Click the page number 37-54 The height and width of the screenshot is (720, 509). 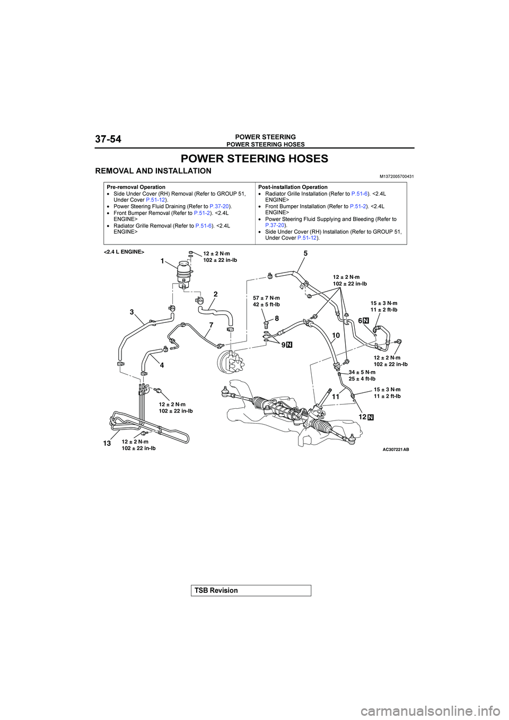[x=108, y=139]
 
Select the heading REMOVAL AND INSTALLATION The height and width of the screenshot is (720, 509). [x=153, y=171]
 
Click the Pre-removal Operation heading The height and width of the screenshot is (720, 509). [x=136, y=187]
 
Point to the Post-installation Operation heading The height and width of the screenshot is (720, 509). [x=293, y=187]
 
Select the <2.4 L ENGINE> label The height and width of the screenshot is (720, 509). [x=124, y=252]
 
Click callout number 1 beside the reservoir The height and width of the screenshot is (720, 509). [x=163, y=261]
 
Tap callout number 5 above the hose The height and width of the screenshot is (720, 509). [x=305, y=254]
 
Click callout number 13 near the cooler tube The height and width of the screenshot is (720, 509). [x=107, y=443]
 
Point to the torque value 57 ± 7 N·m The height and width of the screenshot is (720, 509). [x=266, y=298]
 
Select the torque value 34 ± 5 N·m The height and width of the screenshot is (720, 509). [x=362, y=372]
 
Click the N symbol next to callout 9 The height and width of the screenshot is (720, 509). [x=289, y=345]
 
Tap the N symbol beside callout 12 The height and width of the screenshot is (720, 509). [x=371, y=417]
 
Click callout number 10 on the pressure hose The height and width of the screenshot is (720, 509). [x=336, y=336]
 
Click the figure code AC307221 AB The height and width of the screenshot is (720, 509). [x=396, y=449]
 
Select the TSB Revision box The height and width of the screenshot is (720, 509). [x=251, y=591]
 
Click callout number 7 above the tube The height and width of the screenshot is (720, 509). [x=210, y=324]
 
